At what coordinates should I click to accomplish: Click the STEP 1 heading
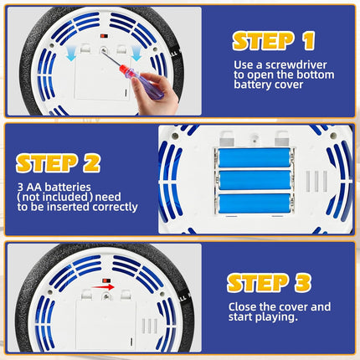[274, 41]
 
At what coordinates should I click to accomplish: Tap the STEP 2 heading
[58, 163]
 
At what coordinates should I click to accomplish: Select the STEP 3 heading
[269, 283]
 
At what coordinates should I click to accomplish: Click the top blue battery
[255, 157]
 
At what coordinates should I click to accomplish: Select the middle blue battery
[255, 180]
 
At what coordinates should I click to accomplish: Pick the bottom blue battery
[255, 203]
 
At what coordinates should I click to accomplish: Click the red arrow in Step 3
[103, 287]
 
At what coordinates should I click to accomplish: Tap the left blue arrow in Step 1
[71, 54]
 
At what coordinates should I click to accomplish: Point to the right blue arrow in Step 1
[136, 54]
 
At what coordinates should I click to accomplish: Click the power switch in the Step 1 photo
[105, 36]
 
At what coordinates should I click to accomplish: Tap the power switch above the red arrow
[106, 280]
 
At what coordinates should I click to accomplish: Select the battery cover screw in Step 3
[106, 296]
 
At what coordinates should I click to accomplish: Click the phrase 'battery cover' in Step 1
[269, 85]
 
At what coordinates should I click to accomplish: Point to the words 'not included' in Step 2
[55, 197]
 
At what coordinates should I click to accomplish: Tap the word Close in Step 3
[242, 307]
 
